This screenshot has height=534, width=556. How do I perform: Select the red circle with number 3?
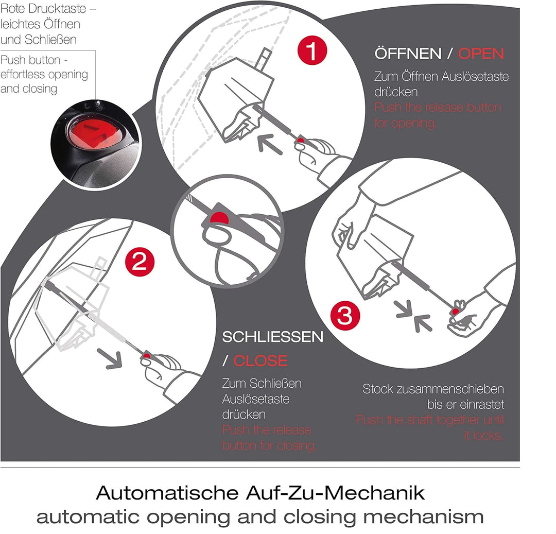tap(344, 316)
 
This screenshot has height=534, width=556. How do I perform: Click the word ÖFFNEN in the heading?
tap(408, 54)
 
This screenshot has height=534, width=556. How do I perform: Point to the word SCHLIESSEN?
tap(273, 337)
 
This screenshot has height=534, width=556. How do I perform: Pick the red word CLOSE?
tap(260, 360)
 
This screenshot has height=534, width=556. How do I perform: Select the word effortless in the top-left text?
tap(31, 75)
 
